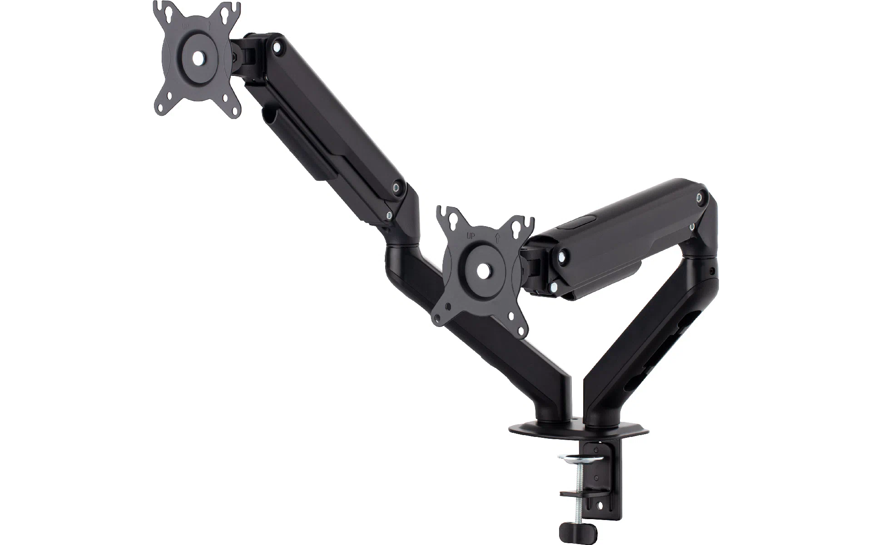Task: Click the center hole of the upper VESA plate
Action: tap(198, 58)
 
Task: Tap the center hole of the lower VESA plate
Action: tap(484, 269)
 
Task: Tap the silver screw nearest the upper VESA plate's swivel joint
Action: tap(276, 45)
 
